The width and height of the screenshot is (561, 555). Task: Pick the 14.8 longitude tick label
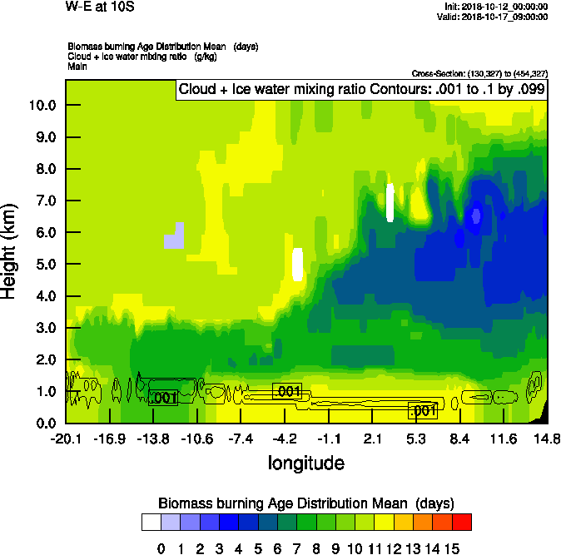[546, 439]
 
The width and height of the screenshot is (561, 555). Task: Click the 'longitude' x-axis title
[305, 463]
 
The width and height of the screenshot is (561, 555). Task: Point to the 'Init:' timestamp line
[496, 7]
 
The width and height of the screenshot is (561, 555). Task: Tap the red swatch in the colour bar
[462, 522]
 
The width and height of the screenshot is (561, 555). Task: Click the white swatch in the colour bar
[151, 522]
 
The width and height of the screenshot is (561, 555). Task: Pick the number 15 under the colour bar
[452, 548]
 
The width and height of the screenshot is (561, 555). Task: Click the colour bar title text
[305, 503]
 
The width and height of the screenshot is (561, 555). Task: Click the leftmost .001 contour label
[163, 398]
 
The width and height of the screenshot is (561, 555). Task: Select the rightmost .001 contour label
[423, 410]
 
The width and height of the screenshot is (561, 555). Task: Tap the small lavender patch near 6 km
[174, 237]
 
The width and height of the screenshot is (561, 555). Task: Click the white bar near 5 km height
[298, 264]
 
